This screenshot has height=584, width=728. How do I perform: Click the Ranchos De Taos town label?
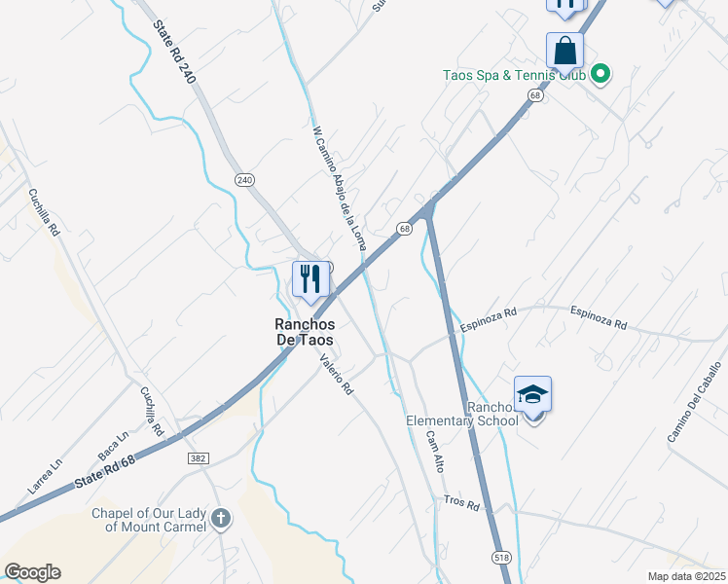click(x=302, y=332)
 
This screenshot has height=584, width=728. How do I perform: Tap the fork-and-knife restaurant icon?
click(x=310, y=279)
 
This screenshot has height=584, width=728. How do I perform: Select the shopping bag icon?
click(x=565, y=50)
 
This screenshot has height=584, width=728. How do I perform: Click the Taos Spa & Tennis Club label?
click(x=513, y=74)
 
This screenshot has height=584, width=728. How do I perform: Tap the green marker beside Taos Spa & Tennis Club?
click(x=601, y=73)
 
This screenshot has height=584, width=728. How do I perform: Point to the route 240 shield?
click(x=244, y=179)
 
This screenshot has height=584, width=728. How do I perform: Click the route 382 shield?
click(x=198, y=456)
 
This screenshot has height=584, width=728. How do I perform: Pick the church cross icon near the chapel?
click(x=221, y=519)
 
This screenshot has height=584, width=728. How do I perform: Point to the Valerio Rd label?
click(x=337, y=373)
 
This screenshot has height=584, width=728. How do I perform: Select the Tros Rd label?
click(x=461, y=505)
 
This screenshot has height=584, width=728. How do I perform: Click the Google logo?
click(x=32, y=572)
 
